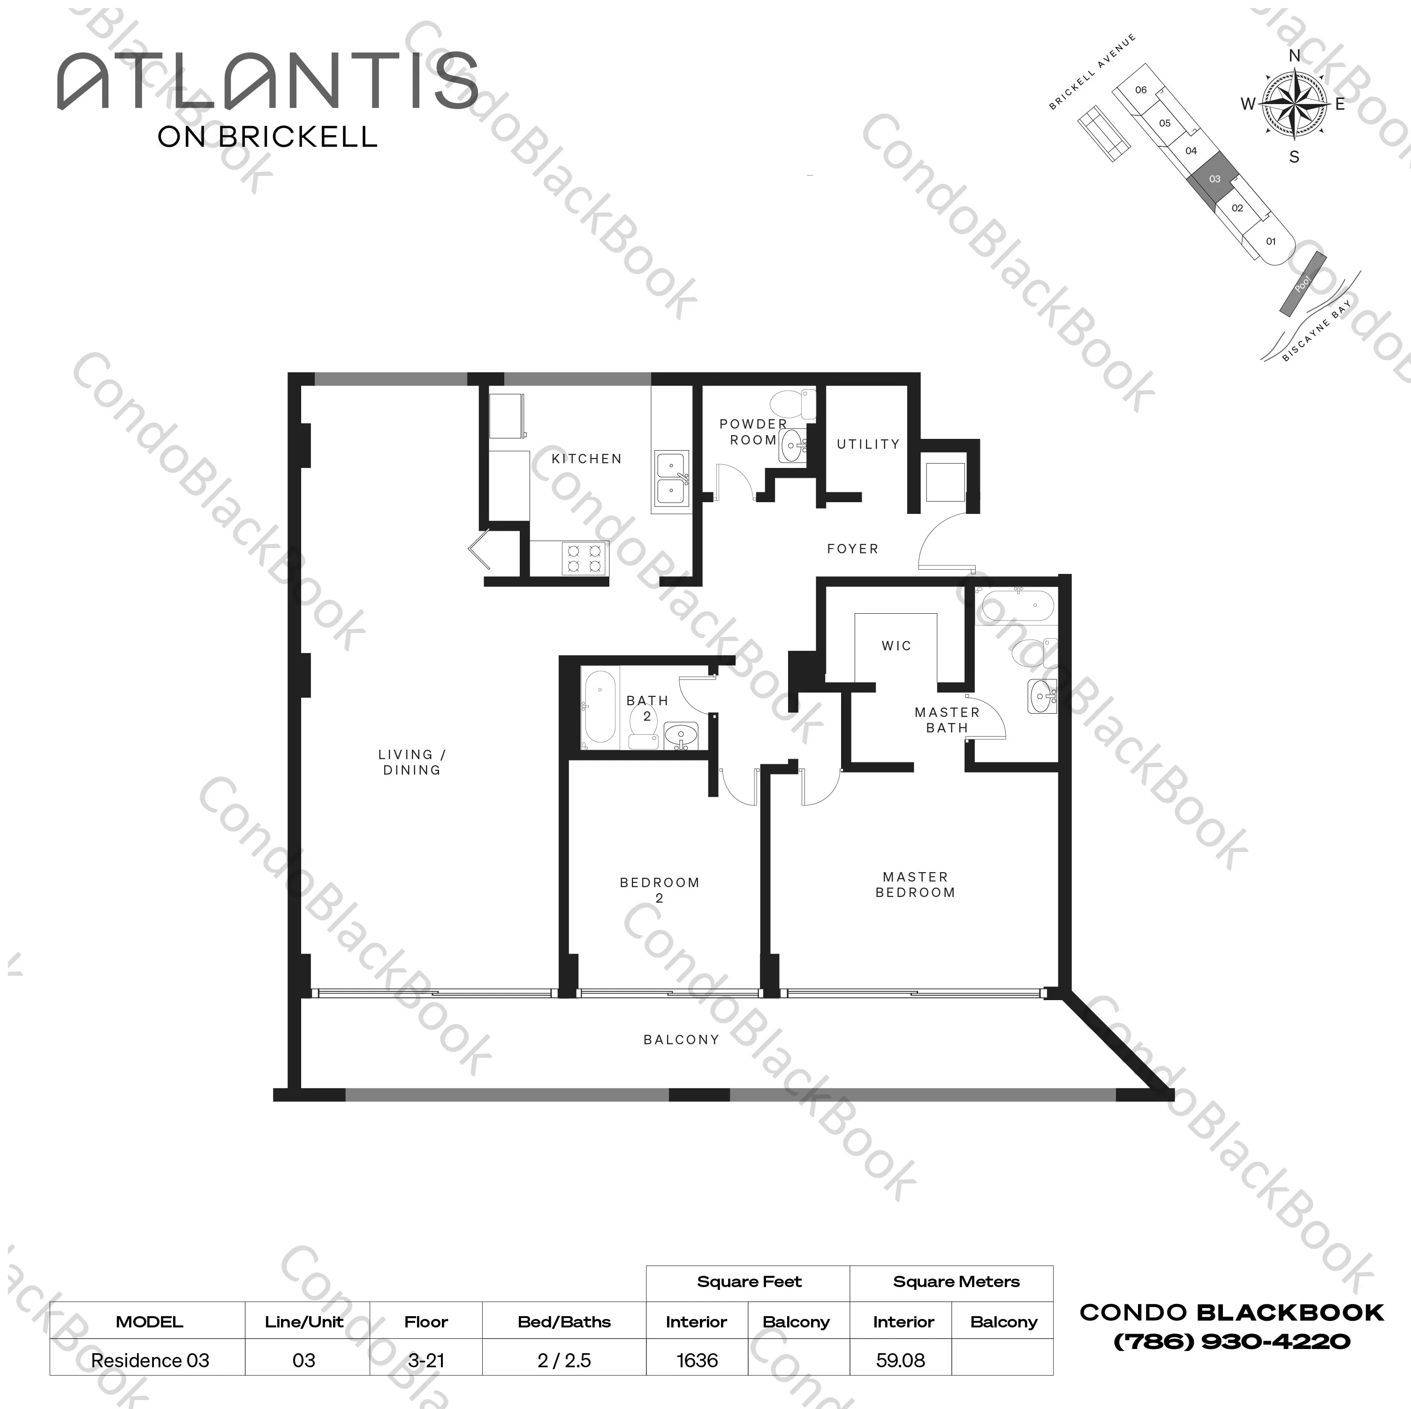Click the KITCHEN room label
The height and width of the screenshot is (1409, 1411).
586,459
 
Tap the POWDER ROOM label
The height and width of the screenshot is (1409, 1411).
753,431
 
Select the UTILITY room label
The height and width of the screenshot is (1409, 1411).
868,444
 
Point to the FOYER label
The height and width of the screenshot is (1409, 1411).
852,548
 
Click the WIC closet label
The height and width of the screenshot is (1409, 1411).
896,645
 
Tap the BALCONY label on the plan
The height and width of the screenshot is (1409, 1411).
681,1039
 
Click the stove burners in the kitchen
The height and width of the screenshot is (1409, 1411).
584,558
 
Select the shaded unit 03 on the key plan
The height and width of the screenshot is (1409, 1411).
1214,179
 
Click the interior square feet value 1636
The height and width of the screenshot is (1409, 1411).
697,1360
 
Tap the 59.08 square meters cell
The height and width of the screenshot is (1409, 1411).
901,1360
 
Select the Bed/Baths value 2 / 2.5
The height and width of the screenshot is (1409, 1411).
564,1360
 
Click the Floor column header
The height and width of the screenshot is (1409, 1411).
426,1321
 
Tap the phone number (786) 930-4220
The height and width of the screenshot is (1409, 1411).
1231,1341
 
